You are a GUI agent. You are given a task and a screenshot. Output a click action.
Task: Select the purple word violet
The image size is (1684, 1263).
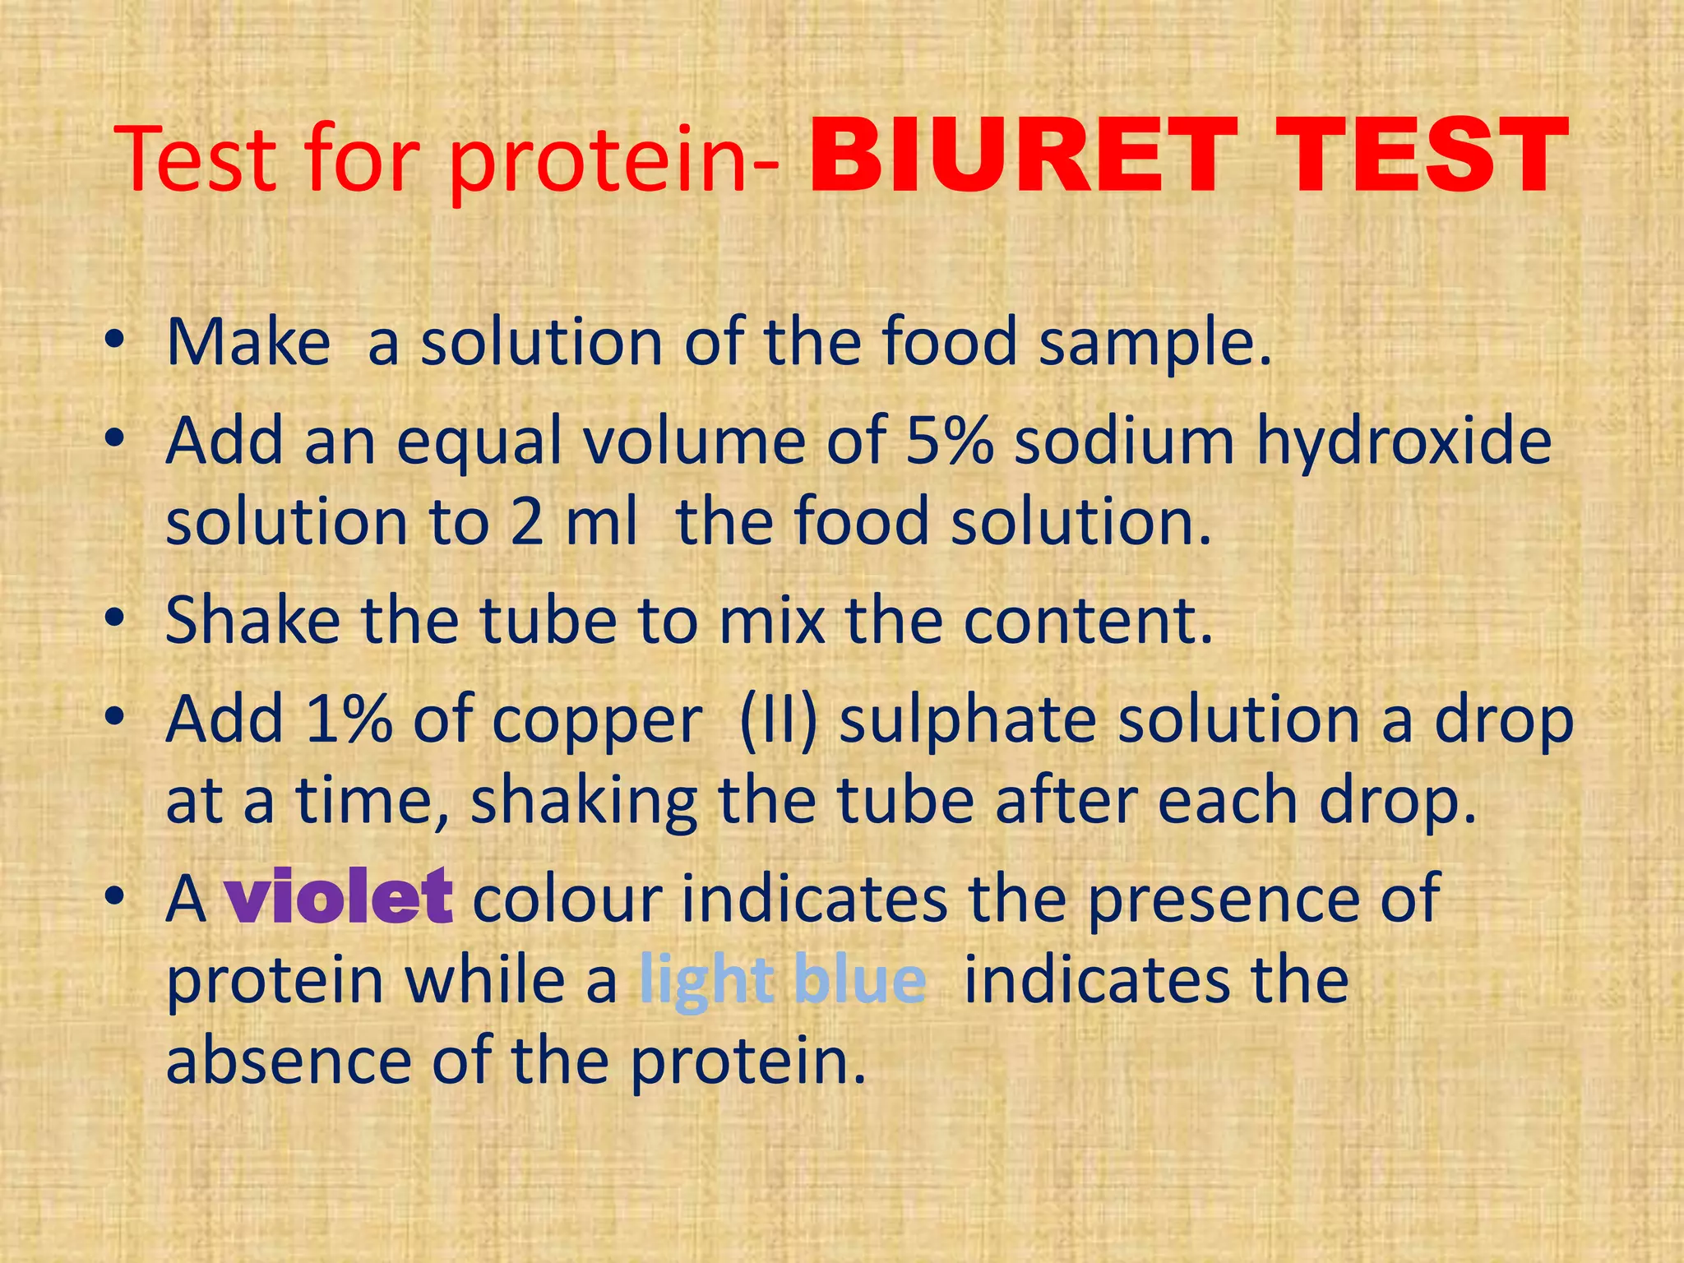click(339, 898)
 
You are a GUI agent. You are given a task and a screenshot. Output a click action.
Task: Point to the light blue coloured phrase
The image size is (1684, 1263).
click(783, 980)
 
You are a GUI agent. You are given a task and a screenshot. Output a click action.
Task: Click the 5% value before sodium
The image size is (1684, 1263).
click(950, 442)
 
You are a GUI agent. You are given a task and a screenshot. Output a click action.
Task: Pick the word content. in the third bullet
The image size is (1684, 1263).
click(1088, 621)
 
